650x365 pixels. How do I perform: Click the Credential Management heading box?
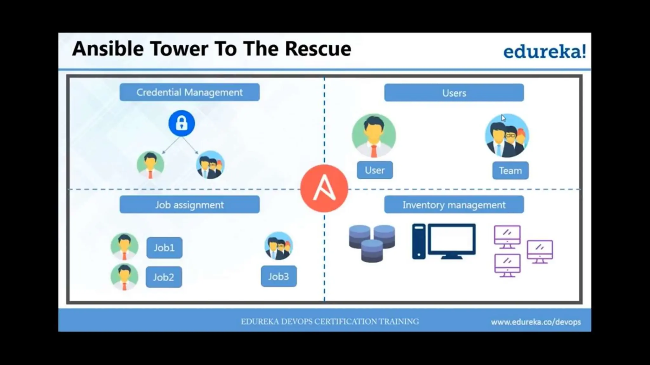189,92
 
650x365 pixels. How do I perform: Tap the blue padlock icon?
182,123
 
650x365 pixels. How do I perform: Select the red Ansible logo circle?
324,189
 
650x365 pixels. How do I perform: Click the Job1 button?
164,247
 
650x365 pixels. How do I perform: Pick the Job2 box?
164,277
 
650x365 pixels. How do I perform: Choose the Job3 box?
279,276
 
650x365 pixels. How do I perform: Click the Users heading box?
454,93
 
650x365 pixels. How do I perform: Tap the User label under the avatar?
375,170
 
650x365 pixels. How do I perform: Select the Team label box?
510,170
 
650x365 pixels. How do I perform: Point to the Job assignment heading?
189,205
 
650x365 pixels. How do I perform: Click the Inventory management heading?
454,205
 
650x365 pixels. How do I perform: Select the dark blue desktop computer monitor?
451,241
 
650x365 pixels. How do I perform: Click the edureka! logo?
545,51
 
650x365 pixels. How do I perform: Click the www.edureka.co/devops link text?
536,322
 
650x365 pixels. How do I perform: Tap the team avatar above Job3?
279,246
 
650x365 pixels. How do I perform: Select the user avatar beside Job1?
124,247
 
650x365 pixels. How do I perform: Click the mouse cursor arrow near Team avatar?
503,118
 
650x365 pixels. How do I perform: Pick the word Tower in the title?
179,49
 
